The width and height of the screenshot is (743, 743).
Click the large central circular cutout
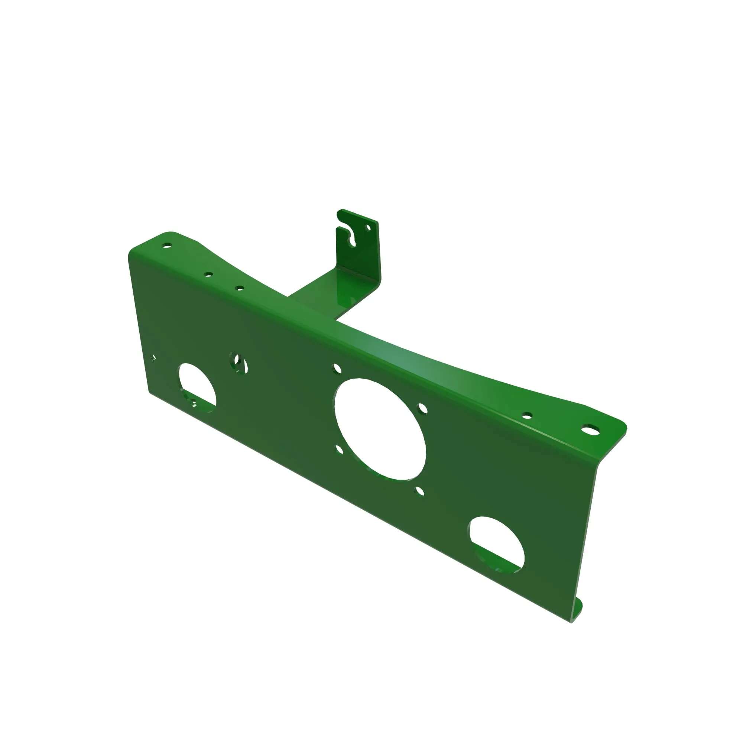click(x=380, y=428)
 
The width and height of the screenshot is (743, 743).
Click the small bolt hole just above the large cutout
click(x=337, y=369)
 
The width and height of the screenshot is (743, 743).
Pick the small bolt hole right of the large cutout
click(x=423, y=408)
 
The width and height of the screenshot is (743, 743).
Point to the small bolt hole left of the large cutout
click(x=340, y=450)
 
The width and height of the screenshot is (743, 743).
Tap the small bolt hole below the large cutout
click(x=419, y=491)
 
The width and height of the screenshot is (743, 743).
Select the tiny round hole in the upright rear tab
click(x=368, y=228)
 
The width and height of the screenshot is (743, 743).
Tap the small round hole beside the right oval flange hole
click(x=527, y=415)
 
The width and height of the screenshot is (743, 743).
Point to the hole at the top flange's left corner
click(x=167, y=245)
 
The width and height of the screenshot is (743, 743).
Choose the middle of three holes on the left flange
click(x=208, y=274)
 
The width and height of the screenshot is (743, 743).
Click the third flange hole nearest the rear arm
click(x=239, y=288)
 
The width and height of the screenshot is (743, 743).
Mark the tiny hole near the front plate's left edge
click(x=153, y=358)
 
